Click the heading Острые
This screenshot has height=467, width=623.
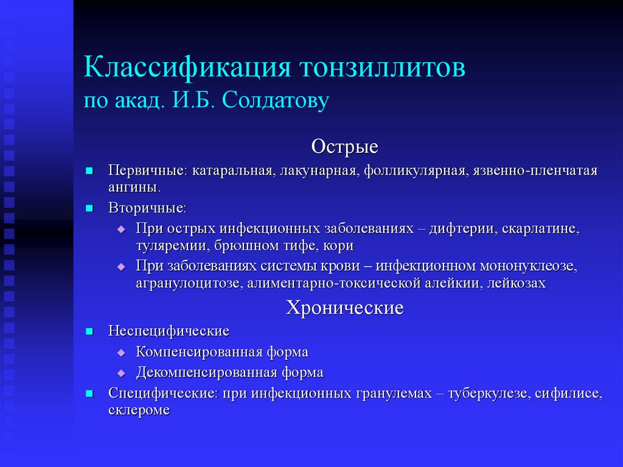coord(344,147)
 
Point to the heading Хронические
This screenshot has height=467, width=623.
coord(344,308)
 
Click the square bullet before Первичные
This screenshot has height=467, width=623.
coord(89,170)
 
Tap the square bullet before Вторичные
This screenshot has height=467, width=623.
coord(89,208)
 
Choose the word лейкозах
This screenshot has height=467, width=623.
coord(517,283)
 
